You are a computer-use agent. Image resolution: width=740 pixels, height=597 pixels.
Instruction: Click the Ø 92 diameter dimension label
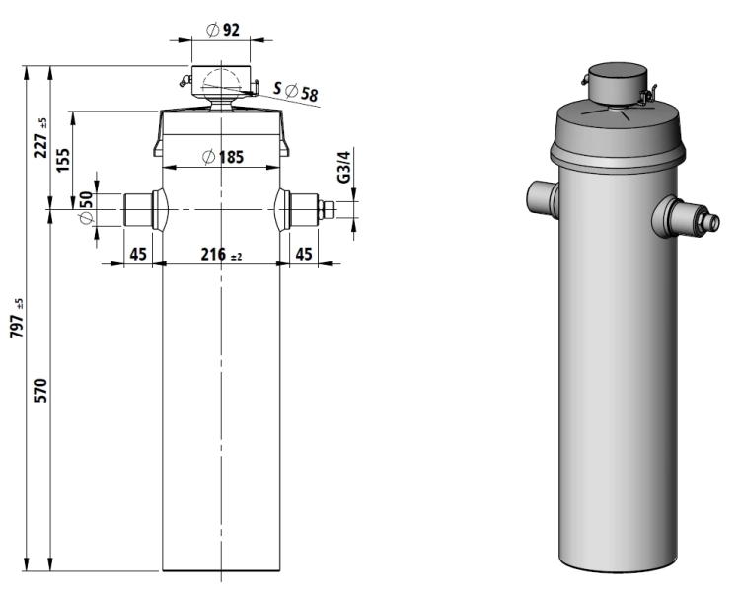point(223,30)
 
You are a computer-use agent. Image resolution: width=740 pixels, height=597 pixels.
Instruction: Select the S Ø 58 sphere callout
point(296,91)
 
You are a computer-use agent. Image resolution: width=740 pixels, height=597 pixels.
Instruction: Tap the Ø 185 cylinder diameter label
point(223,156)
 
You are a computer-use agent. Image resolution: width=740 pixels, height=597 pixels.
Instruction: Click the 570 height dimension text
point(41,390)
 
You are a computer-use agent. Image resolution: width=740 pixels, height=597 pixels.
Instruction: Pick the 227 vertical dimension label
point(41,138)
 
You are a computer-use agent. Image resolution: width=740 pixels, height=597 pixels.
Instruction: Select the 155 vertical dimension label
point(63,161)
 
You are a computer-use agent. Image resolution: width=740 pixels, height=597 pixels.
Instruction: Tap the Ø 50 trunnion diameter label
point(86,207)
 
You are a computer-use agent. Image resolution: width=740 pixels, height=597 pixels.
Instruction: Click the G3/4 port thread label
point(344,167)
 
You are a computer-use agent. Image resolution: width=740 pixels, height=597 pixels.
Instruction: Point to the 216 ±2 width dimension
point(221,255)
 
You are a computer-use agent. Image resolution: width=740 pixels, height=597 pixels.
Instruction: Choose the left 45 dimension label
point(138,254)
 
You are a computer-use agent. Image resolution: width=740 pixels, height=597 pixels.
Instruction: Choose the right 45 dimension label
point(304,254)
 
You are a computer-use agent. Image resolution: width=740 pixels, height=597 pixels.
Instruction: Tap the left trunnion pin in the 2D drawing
point(138,209)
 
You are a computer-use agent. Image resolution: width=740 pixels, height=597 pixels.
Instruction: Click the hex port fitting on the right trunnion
point(327,209)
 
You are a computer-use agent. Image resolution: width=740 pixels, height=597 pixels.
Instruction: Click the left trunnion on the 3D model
point(541,196)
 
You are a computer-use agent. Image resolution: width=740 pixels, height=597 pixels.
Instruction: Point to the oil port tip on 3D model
point(713,222)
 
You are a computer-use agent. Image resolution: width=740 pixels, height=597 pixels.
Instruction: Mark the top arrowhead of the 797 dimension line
point(26,72)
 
